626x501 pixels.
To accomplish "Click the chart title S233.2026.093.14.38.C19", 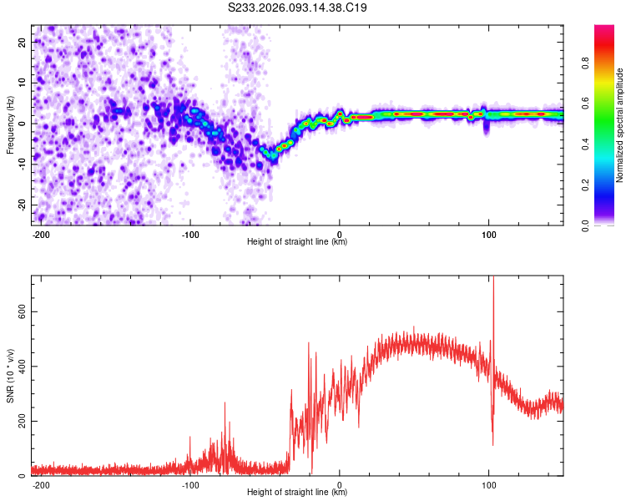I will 298,8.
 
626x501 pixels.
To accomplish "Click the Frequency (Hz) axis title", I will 10,123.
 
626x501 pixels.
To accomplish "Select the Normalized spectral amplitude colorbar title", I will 620,125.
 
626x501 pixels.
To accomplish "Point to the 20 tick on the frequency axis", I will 23,42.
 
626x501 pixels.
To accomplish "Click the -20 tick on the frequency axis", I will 22,205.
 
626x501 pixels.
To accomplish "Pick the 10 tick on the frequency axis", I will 23,83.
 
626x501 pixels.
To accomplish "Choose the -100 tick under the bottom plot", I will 190,484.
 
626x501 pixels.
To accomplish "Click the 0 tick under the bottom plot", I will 340,484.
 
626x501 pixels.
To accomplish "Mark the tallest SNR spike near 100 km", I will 493,281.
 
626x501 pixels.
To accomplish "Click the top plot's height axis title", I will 297,242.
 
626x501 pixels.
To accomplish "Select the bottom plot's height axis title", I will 297,493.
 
